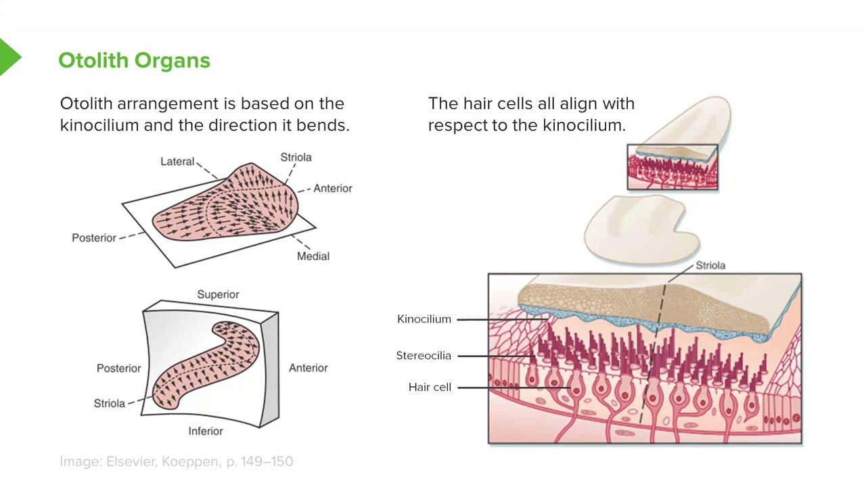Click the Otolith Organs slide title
click(134, 60)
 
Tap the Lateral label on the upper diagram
click(177, 162)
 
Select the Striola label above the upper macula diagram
click(296, 157)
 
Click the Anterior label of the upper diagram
click(332, 188)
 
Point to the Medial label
click(313, 256)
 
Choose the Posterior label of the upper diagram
click(94, 237)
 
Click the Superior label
click(218, 294)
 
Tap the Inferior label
click(206, 431)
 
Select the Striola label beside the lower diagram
click(110, 403)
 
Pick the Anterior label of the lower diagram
click(308, 368)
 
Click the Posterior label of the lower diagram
click(118, 368)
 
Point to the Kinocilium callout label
click(424, 319)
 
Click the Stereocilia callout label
click(424, 356)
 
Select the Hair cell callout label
click(430, 388)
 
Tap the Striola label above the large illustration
click(710, 265)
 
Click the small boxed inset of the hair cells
click(672, 167)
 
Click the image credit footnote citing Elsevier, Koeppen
click(177, 461)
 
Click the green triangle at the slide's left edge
click(9, 57)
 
